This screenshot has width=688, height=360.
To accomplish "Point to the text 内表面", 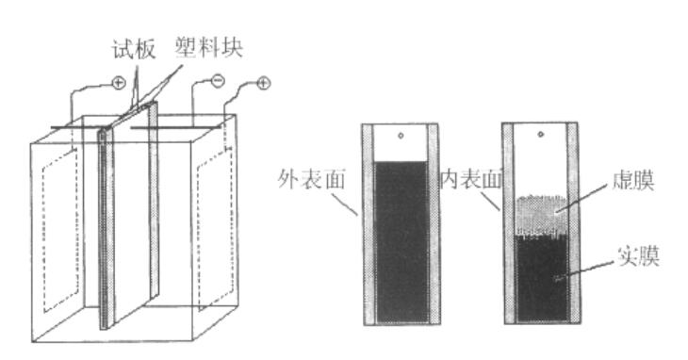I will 469,177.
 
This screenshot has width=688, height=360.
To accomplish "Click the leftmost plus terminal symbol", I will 119,84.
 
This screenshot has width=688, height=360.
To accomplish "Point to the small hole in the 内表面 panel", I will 542,138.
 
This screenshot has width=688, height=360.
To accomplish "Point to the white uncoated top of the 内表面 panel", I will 542,160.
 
